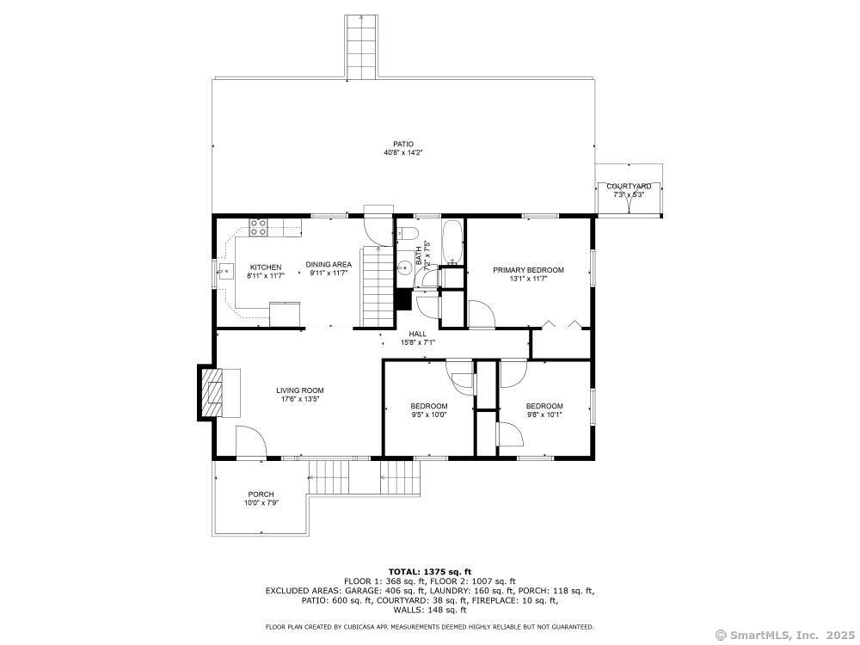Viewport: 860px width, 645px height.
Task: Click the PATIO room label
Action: (403, 144)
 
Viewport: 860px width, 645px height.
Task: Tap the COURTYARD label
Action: (628, 187)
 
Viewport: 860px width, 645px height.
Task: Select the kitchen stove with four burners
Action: (258, 227)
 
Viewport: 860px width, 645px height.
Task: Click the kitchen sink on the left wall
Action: (225, 273)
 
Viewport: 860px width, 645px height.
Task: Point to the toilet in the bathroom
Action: (408, 233)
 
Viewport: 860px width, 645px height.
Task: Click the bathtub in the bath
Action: (452, 243)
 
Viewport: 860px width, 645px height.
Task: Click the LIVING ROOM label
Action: (299, 390)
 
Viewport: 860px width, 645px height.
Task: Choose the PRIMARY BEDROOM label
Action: (528, 270)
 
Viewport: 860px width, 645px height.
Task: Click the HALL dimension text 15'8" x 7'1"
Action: (417, 342)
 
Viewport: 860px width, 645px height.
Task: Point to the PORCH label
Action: (261, 494)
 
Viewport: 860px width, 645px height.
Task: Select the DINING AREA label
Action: (329, 266)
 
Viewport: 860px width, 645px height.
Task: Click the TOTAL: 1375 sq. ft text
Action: (429, 572)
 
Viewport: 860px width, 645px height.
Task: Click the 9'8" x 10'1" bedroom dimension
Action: (544, 415)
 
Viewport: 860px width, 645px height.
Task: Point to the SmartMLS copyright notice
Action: (784, 635)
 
